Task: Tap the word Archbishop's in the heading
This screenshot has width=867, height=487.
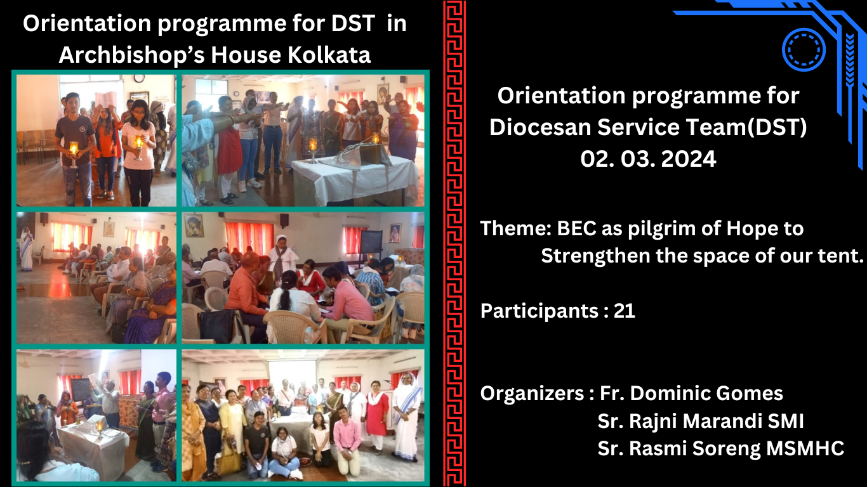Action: [131, 56]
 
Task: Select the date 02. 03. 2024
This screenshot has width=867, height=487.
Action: [648, 159]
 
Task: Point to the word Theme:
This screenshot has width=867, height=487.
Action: [515, 228]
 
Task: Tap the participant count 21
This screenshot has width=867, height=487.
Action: [625, 311]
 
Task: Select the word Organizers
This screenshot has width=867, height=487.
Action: [533, 394]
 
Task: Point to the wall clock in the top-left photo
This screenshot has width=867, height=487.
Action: [140, 78]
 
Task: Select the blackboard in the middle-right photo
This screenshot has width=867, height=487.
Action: [371, 242]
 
